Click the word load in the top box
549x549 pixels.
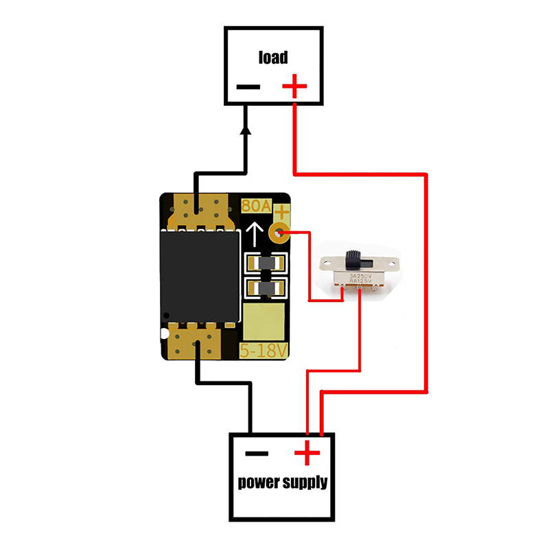click(x=272, y=57)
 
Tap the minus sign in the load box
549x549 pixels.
click(x=248, y=87)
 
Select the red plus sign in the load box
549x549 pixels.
click(x=294, y=87)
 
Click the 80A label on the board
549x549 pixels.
click(x=257, y=206)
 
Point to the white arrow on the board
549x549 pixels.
click(x=255, y=235)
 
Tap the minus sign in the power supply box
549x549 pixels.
click(x=256, y=454)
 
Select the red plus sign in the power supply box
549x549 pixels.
click(x=307, y=454)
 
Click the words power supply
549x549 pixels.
click(x=282, y=482)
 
